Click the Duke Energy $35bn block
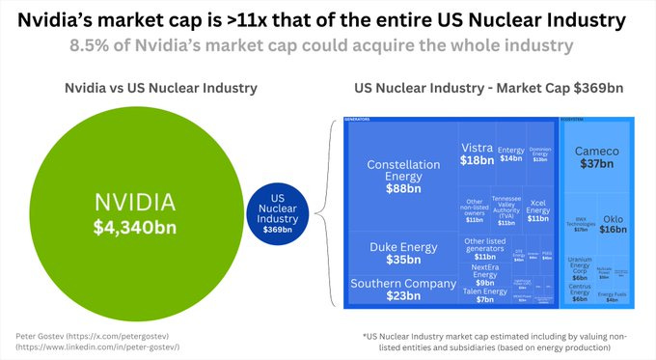[x=395, y=253]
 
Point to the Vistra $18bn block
[x=477, y=153]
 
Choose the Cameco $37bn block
[x=597, y=157]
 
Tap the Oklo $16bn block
[x=613, y=224]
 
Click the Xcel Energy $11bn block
[x=537, y=211]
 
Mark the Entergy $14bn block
[x=510, y=154]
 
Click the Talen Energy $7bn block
[x=484, y=295]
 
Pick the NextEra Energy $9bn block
[x=485, y=277]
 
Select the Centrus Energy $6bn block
[x=579, y=292]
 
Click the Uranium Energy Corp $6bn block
[x=579, y=268]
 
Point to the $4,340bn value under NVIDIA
[x=135, y=227]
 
